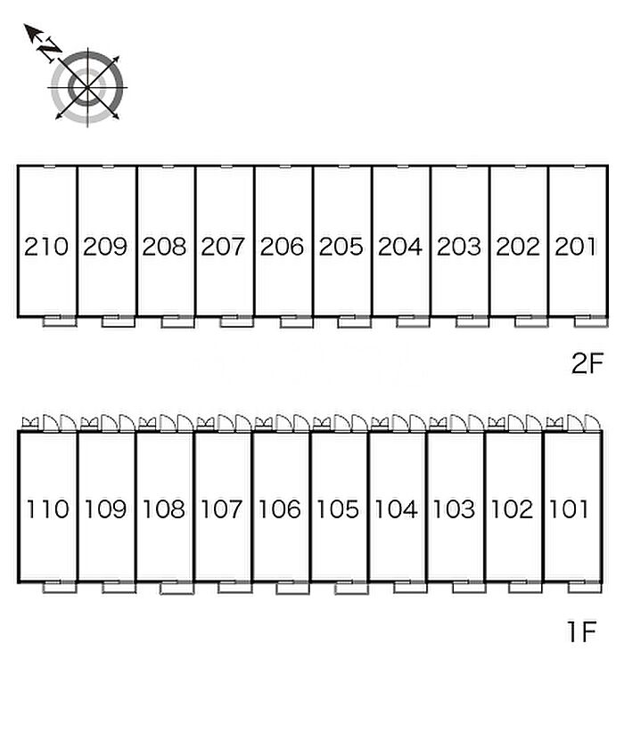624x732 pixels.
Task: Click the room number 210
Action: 46,247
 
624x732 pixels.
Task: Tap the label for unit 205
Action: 341,247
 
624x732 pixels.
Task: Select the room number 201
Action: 576,247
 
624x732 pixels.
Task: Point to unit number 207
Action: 223,247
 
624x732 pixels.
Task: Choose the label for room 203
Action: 458,247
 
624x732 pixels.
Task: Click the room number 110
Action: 47,509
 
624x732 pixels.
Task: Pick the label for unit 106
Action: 280,509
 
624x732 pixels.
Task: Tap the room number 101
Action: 570,509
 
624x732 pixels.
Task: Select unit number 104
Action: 396,509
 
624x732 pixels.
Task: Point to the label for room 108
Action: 164,509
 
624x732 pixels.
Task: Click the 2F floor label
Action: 587,364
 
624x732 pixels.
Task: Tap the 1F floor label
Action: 580,632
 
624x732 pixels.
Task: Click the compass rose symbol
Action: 87,87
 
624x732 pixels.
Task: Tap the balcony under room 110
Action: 59,587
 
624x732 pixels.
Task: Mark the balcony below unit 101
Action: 583,587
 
